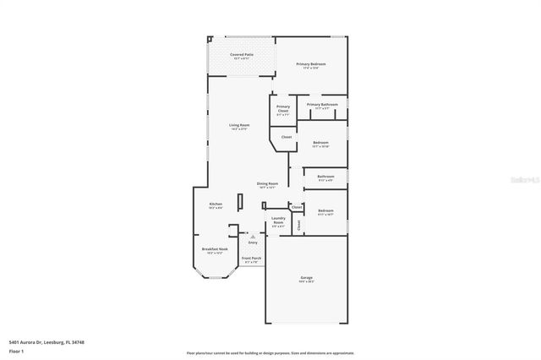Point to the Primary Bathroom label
(322, 106)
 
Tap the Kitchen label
(216, 205)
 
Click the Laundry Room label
(278, 222)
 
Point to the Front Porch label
(251, 259)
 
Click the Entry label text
(253, 243)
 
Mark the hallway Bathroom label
(325, 177)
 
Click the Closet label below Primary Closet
(287, 137)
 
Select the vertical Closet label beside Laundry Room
(298, 226)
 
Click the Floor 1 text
(16, 350)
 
